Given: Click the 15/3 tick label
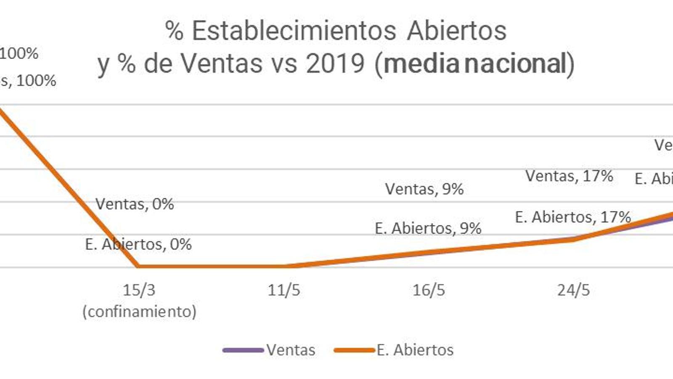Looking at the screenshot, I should [x=139, y=290].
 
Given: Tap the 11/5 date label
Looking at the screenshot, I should [x=284, y=290].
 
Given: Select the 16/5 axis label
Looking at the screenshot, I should [x=429, y=290].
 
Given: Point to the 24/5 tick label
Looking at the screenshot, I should [x=573, y=290].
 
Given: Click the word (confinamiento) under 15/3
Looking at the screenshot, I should [x=139, y=312].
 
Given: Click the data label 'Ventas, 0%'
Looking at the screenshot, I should [x=135, y=204].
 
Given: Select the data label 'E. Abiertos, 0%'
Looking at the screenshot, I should [x=138, y=244].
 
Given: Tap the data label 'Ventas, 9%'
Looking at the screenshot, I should [x=424, y=189].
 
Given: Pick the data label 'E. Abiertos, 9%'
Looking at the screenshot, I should [x=428, y=228].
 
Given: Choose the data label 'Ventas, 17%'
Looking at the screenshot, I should [x=569, y=176].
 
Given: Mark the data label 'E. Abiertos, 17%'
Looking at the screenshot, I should [x=573, y=217].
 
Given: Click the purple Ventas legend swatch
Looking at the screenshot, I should [x=243, y=350].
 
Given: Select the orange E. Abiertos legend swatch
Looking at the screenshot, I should [x=354, y=350].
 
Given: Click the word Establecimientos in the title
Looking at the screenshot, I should [x=294, y=31].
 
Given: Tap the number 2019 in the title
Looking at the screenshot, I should [x=335, y=64].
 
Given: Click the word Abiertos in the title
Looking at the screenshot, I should [x=457, y=31].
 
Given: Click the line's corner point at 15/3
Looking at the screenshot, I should [x=138, y=266].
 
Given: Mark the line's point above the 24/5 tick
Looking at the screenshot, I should [x=574, y=239].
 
